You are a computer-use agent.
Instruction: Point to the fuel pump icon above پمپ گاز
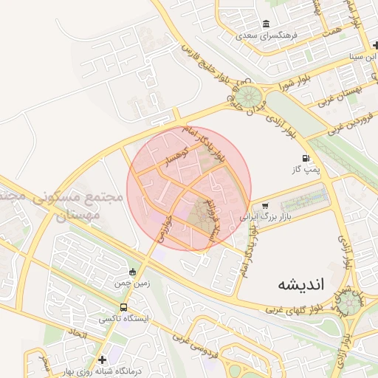click(x=305, y=159)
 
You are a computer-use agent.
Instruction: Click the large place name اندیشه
click(x=302, y=284)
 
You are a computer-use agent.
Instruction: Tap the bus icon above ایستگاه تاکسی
click(x=123, y=307)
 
